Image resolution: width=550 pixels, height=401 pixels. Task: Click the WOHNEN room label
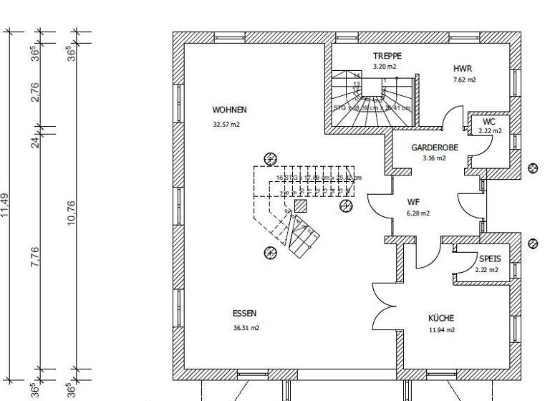[x=229, y=110]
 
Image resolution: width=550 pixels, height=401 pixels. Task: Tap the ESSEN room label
[x=244, y=314]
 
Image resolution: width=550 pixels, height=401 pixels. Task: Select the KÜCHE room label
[x=441, y=318]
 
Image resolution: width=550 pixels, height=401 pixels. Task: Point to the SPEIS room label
[x=490, y=259]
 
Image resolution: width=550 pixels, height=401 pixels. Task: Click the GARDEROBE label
[x=435, y=148]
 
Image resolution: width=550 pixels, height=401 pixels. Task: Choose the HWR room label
[x=463, y=69]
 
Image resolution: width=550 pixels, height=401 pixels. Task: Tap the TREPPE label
[x=387, y=56]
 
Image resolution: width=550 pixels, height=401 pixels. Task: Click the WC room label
[x=489, y=122]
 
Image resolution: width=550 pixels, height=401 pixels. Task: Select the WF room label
[x=413, y=202]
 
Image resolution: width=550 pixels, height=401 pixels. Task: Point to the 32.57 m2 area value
[x=226, y=125]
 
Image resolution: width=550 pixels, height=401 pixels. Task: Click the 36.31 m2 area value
[x=246, y=328]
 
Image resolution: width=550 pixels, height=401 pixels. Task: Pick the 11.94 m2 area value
[x=441, y=331]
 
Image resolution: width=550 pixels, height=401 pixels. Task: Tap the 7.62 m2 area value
[x=464, y=80]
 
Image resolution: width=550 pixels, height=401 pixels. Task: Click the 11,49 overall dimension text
[x=5, y=206]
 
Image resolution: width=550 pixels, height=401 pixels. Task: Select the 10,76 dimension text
[x=71, y=213]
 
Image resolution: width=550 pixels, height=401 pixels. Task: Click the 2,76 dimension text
[x=35, y=92]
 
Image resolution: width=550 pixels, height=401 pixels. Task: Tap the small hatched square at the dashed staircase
[x=301, y=206]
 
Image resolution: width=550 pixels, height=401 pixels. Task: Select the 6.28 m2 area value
[x=418, y=213]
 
